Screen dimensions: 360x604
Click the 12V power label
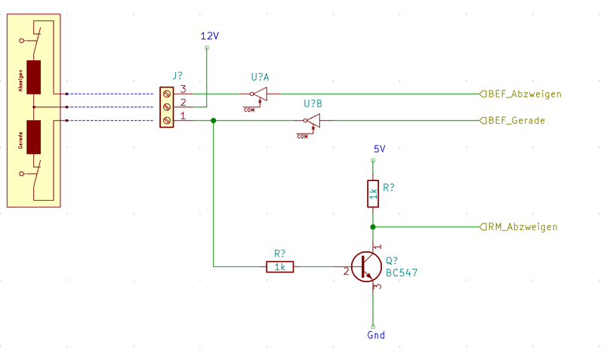[209, 36]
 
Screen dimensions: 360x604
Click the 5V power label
[379, 149]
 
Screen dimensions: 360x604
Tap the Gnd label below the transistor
[375, 335]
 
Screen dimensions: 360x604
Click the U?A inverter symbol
[260, 94]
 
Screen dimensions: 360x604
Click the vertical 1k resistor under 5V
[372, 193]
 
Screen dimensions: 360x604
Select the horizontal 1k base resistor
[279, 266]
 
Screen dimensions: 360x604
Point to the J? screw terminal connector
[167, 106]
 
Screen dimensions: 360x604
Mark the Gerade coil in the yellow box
[33, 137]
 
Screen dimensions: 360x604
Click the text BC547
[402, 273]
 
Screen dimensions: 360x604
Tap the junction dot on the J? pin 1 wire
[214, 121]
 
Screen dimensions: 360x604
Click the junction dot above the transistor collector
[372, 226]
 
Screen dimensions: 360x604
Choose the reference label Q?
[391, 260]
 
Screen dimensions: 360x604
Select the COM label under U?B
[302, 137]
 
